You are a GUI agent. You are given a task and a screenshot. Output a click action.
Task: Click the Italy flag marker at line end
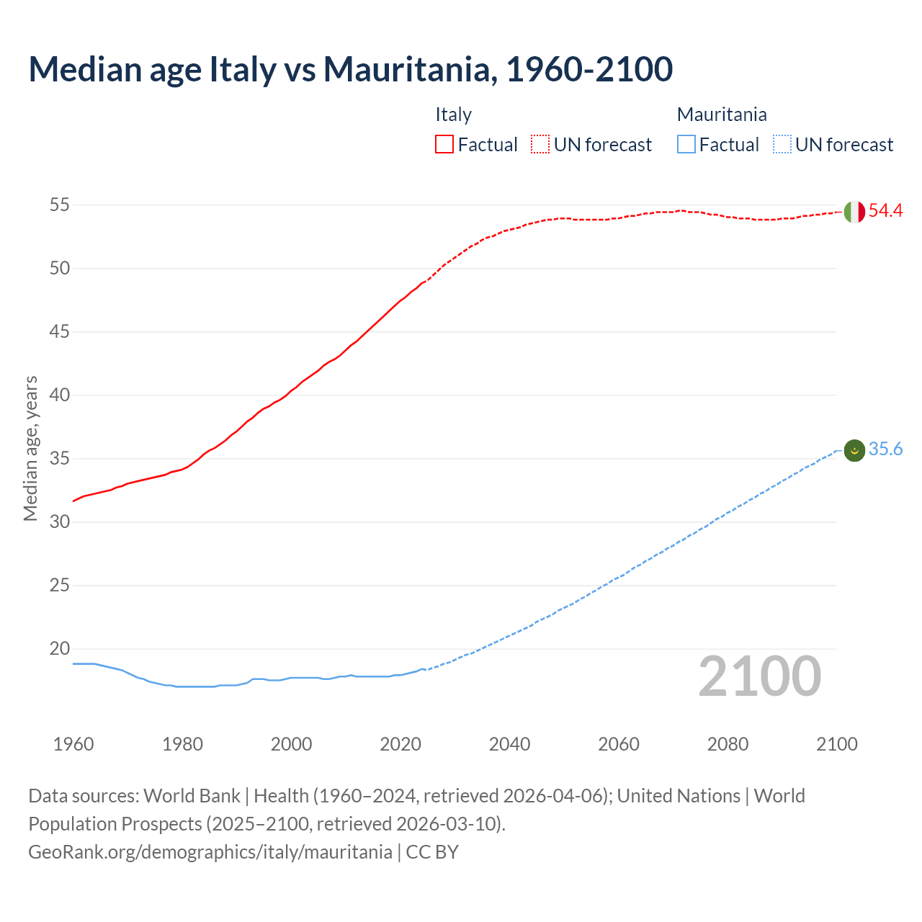(854, 212)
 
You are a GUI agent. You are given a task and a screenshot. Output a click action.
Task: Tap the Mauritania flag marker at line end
(854, 450)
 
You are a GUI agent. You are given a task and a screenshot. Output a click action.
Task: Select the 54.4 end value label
(885, 211)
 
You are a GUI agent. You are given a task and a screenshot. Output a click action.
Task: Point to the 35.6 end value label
(885, 449)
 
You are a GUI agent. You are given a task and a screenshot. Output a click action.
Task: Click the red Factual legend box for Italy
(444, 145)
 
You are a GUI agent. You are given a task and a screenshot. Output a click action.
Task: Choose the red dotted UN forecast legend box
(540, 145)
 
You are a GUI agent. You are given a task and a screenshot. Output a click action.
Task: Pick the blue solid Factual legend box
(686, 145)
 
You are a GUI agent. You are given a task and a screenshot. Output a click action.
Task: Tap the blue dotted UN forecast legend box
(782, 145)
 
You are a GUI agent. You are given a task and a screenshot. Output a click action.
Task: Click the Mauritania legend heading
(722, 115)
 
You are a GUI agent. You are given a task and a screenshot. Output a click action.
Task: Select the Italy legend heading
(453, 115)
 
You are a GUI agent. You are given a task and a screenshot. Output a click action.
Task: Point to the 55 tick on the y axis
(60, 205)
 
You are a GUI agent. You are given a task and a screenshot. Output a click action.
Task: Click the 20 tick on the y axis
(60, 649)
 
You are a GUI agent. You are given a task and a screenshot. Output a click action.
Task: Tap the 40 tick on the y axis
(60, 395)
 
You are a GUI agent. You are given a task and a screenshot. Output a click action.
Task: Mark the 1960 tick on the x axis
(73, 744)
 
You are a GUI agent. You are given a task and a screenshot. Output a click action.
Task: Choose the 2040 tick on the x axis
(509, 744)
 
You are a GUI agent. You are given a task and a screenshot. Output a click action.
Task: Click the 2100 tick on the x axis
(836, 744)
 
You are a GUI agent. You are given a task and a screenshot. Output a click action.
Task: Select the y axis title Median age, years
(30, 447)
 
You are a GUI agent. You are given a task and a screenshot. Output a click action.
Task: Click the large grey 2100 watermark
(759, 676)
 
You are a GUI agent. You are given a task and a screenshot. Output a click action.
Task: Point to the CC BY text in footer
(432, 852)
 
